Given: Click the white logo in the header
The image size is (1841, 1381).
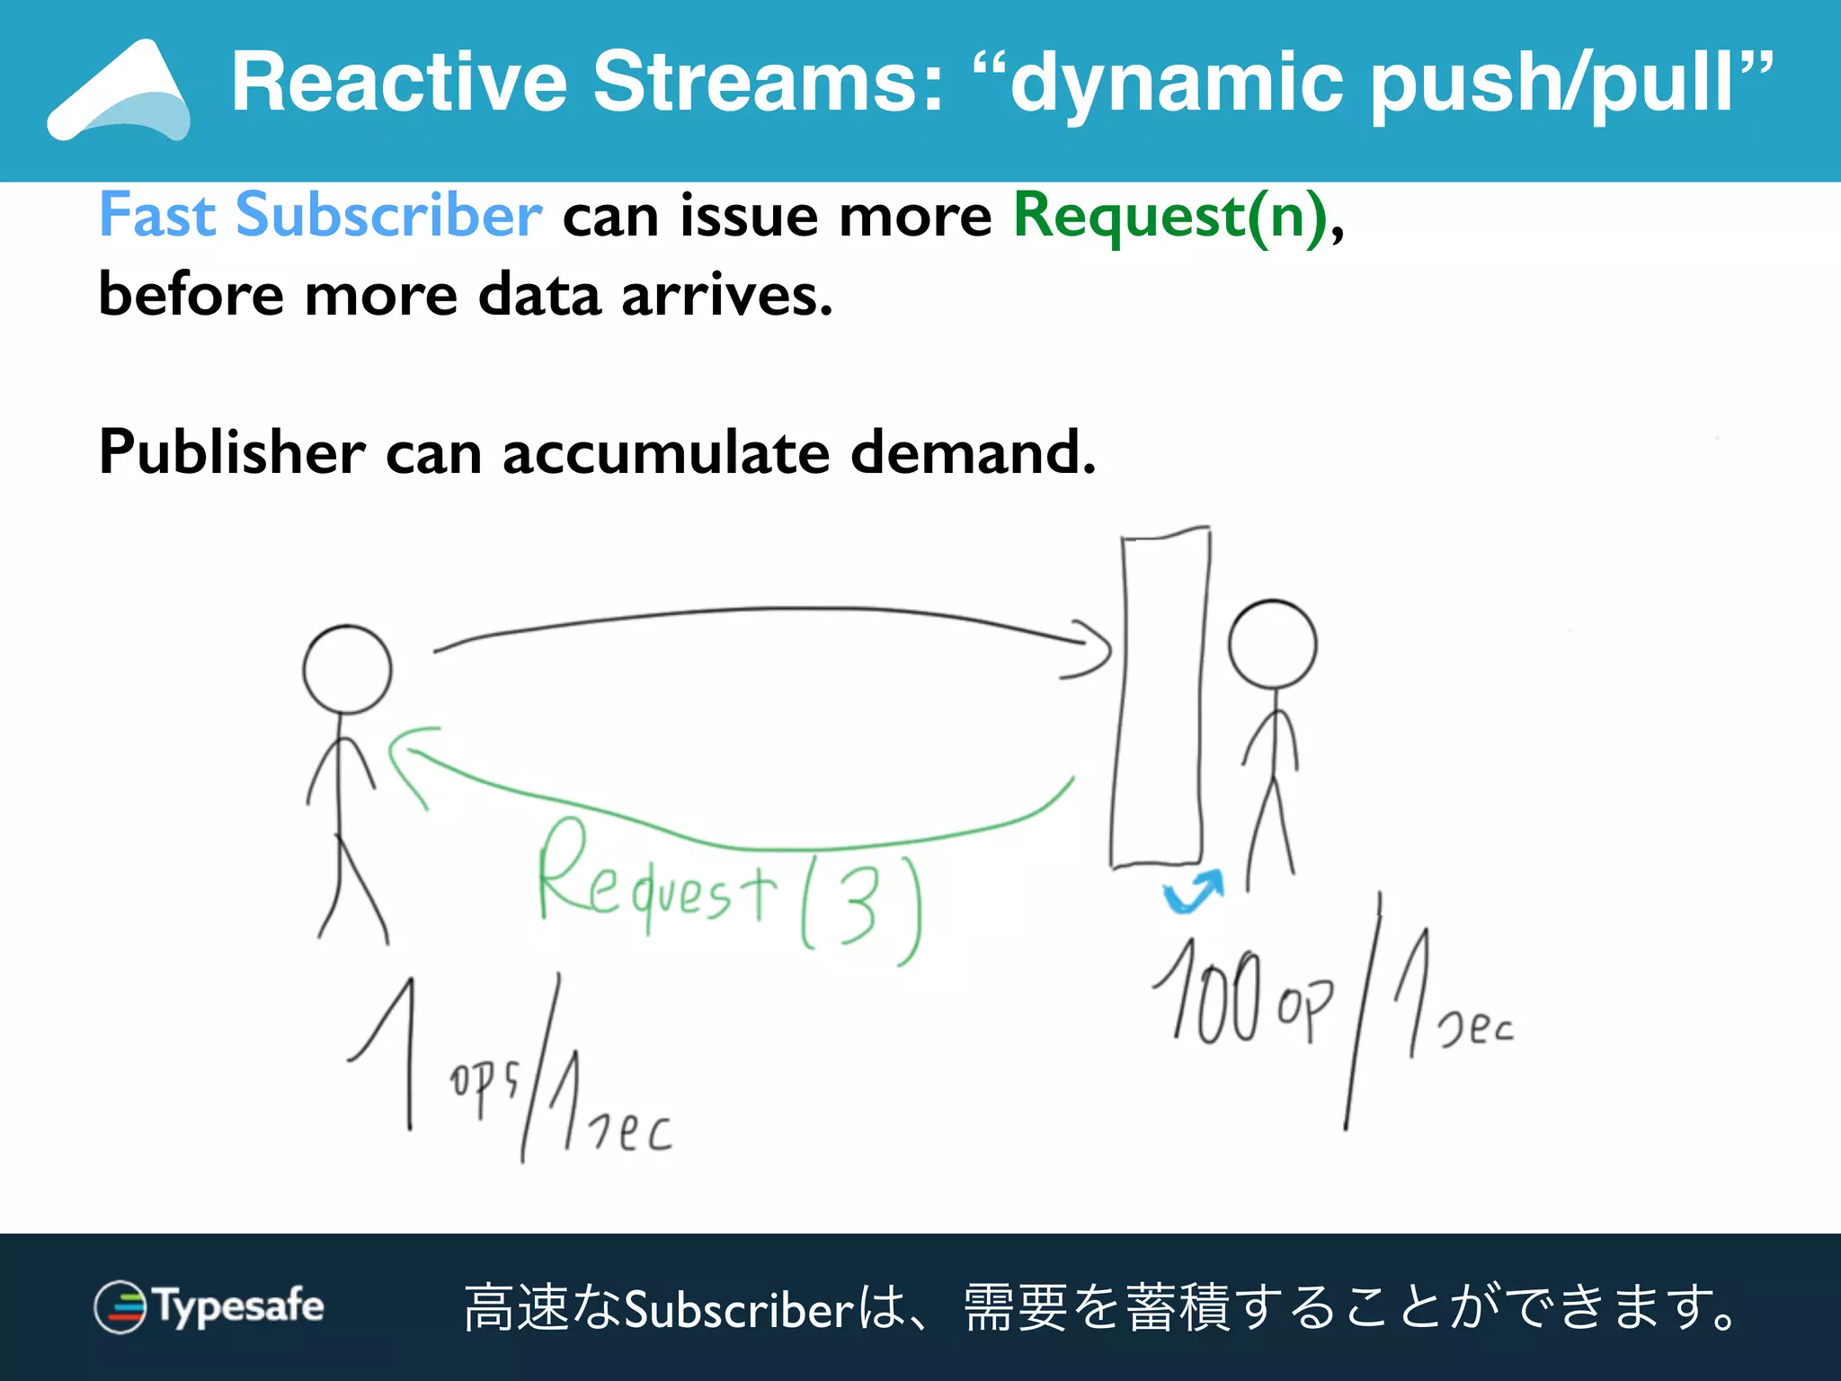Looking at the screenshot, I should click(x=119, y=92).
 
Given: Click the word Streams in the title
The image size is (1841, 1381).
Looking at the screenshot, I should click(x=768, y=83).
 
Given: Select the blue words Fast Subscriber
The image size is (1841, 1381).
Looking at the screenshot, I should click(x=320, y=216).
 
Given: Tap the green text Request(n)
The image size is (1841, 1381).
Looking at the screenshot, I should click(x=1170, y=216).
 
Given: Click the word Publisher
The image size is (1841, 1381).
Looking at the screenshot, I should click(x=232, y=451).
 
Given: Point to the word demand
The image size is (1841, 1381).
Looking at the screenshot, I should click(x=973, y=451).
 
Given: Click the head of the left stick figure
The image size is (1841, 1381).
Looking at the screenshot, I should click(x=347, y=670).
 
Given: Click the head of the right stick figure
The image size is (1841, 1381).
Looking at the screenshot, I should click(x=1272, y=645).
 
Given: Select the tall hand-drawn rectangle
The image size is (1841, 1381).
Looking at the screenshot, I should click(x=1160, y=701).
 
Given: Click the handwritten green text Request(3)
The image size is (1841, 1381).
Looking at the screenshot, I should click(x=728, y=899).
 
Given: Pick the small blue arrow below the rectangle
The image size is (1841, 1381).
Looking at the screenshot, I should click(x=1194, y=891).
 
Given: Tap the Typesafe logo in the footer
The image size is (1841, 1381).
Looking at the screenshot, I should click(x=209, y=1306).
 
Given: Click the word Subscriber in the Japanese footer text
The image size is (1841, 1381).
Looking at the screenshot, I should click(x=739, y=1309).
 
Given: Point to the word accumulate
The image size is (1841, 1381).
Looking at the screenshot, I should click(x=665, y=451).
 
